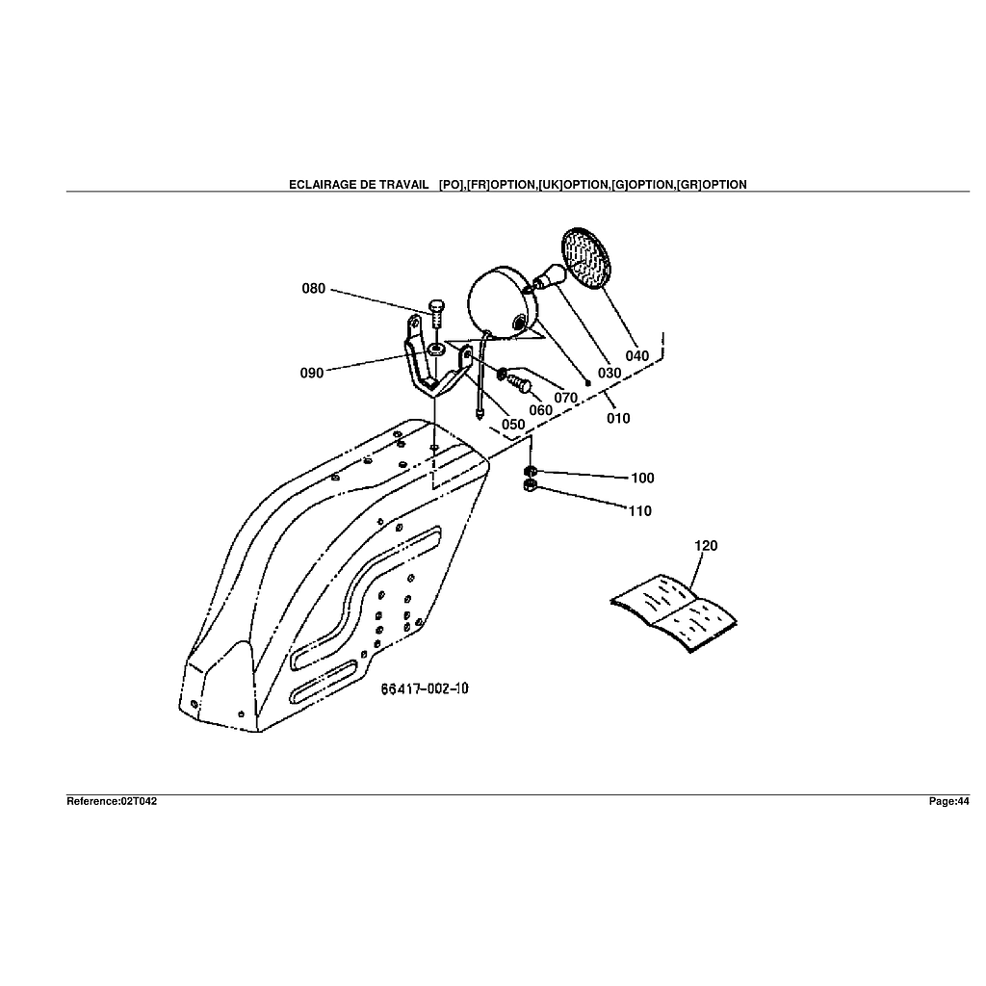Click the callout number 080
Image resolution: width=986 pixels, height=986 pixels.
click(x=314, y=288)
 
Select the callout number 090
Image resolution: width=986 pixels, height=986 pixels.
click(x=312, y=373)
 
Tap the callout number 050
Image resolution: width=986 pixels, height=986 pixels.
click(x=513, y=425)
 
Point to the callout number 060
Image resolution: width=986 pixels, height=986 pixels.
click(x=541, y=410)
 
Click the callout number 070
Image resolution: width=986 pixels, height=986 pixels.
click(x=565, y=398)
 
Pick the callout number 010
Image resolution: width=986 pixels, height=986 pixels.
click(x=618, y=418)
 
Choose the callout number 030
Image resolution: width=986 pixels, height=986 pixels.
click(x=610, y=373)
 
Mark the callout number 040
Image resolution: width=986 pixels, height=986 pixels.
click(x=637, y=355)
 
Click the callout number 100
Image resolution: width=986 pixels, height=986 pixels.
click(x=642, y=478)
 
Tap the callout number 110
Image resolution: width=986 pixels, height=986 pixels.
click(x=640, y=511)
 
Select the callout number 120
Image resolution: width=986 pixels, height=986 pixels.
click(x=706, y=546)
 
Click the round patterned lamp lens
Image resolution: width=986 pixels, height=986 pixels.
click(x=584, y=257)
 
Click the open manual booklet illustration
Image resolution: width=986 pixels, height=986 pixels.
click(x=674, y=612)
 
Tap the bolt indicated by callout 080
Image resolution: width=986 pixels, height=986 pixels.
click(x=435, y=312)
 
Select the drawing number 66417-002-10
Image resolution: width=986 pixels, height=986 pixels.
click(x=425, y=688)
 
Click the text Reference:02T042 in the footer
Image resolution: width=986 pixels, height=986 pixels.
click(x=112, y=801)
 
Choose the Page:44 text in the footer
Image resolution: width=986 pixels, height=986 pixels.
click(x=948, y=801)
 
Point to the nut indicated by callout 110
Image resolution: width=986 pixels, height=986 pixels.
click(x=529, y=488)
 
